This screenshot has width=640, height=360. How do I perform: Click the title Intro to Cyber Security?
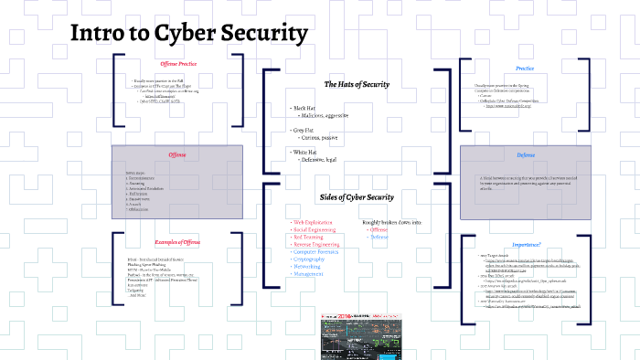pyautogui.click(x=189, y=35)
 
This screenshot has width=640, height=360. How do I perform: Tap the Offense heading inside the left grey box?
pyautogui.click(x=176, y=154)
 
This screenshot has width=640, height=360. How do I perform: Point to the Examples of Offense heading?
pyautogui.click(x=176, y=241)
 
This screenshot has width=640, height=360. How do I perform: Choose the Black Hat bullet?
pyautogui.click(x=304, y=108)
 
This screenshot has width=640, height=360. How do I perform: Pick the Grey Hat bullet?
pyautogui.click(x=303, y=130)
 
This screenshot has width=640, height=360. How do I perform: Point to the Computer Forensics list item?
pyautogui.click(x=317, y=252)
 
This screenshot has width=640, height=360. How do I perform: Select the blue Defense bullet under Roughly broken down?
pyautogui.click(x=379, y=237)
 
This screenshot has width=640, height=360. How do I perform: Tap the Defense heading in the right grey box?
pyautogui.click(x=526, y=154)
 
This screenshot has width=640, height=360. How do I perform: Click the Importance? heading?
pyautogui.click(x=526, y=245)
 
